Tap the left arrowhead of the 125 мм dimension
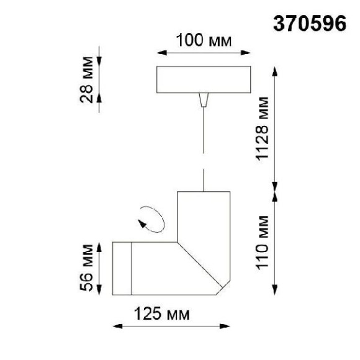click(115, 326)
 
